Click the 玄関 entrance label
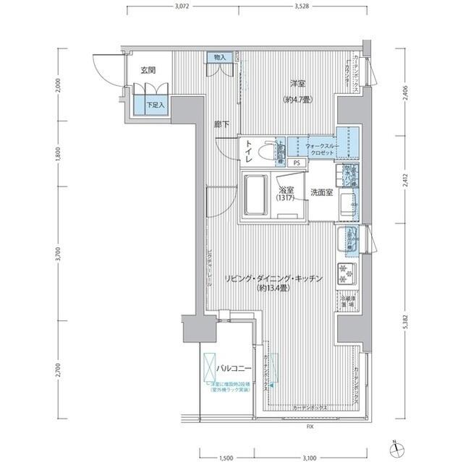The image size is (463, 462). [x=148, y=71]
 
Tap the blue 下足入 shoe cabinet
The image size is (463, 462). [x=156, y=104]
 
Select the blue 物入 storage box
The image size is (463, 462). [x=219, y=58]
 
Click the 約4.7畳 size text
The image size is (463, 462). [x=297, y=100]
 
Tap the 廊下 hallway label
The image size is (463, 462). [x=221, y=124]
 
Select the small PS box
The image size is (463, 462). [x=297, y=163]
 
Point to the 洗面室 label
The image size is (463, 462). [x=321, y=192]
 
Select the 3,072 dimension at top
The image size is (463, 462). [x=185, y=7]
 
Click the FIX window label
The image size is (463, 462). [x=310, y=427]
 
